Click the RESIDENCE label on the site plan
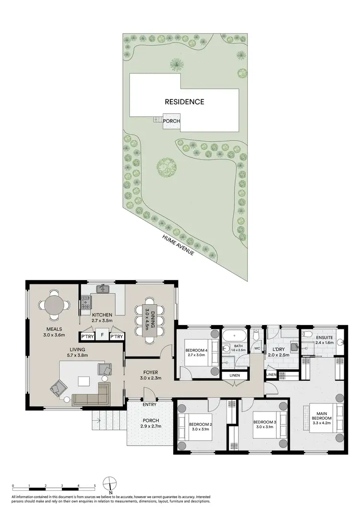185,102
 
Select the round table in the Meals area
54,304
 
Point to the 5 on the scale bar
95,485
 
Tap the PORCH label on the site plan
171,121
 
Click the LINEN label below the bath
234,375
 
